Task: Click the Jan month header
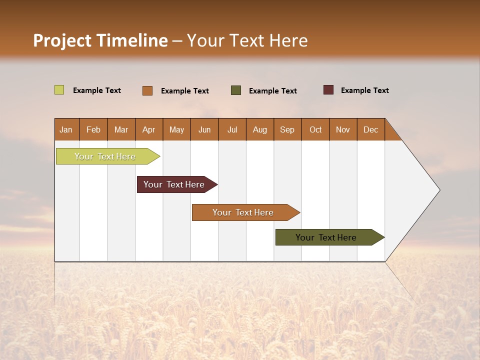pos(66,129)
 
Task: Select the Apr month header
pos(148,129)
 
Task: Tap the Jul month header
pos(232,129)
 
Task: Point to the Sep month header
pos(287,129)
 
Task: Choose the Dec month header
pos(370,129)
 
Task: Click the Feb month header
pos(93,129)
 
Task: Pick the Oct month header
pos(315,129)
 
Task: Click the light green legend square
pos(59,90)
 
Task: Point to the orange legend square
pos(147,90)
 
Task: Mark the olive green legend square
pos(236,90)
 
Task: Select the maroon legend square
pos(328,90)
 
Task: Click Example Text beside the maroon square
pos(364,90)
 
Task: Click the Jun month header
pos(204,129)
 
